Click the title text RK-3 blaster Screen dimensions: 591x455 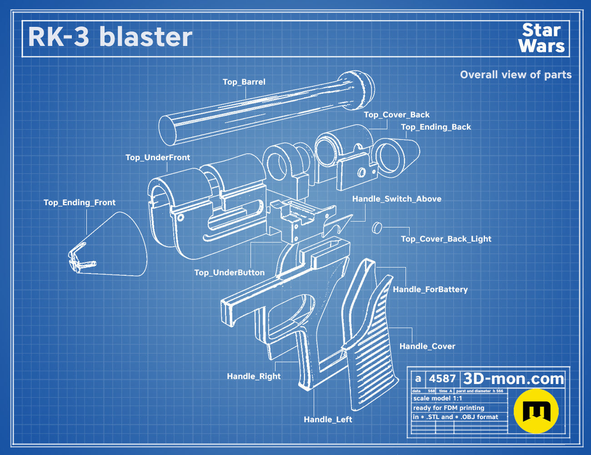pos(110,37)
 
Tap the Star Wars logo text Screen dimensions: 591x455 pos(541,38)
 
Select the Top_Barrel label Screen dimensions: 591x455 pos(244,82)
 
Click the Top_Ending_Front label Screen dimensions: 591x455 pos(80,202)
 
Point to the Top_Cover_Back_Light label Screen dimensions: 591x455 pos(446,239)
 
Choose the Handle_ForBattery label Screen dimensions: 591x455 pos(430,289)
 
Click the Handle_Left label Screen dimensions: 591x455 pos(328,420)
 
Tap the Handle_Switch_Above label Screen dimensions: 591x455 pos(397,199)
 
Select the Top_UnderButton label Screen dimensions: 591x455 pos(229,273)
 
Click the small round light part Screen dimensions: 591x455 pos(377,228)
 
